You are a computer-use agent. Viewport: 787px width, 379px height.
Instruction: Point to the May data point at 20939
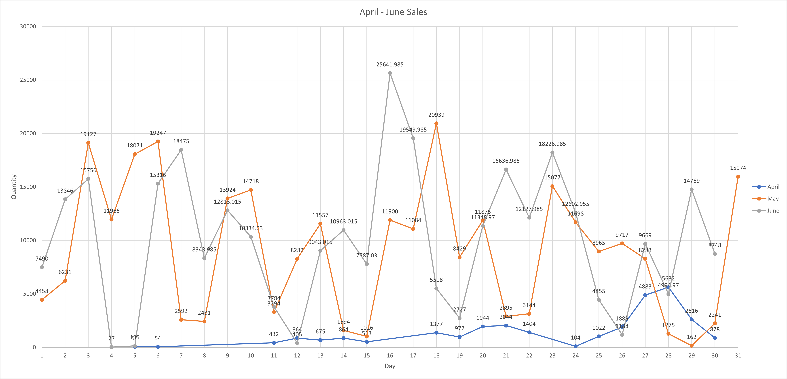pos(436,124)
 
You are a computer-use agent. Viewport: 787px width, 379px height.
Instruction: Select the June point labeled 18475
pos(181,150)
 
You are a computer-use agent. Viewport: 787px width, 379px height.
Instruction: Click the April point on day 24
pos(576,346)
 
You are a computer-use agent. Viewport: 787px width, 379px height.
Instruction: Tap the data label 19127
pos(88,134)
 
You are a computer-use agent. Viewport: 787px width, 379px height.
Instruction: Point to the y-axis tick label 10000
pos(28,240)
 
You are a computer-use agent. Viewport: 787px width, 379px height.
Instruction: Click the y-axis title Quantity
pos(14,187)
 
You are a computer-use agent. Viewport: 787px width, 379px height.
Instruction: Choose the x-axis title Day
pos(390,366)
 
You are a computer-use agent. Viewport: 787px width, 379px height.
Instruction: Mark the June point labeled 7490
pos(42,267)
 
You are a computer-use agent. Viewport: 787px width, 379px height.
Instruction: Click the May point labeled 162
pos(691,346)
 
